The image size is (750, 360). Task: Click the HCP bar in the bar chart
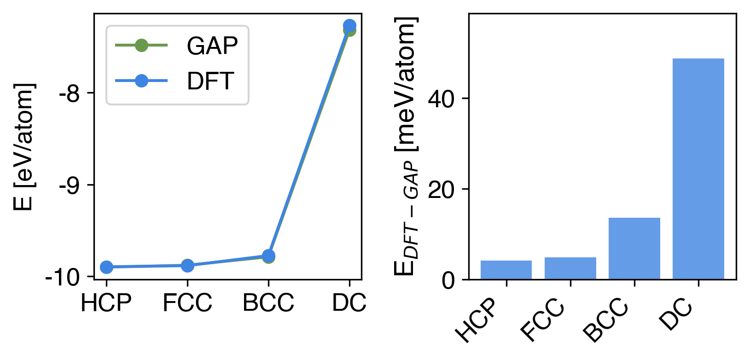506,270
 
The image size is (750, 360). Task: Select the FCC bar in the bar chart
570,268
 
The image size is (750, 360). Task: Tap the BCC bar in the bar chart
634,249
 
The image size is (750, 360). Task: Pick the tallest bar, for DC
698,168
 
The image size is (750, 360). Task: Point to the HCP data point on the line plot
106,267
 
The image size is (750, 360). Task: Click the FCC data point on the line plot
187,266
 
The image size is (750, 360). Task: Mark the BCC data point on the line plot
268,256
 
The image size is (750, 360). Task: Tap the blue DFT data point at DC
349,25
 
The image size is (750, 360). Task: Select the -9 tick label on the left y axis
70,186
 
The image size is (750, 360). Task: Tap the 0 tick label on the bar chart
449,280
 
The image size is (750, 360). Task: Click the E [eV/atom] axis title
24,146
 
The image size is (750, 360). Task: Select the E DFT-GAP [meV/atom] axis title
406,146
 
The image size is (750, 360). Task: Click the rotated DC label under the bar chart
676,315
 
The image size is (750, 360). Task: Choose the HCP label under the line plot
106,303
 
